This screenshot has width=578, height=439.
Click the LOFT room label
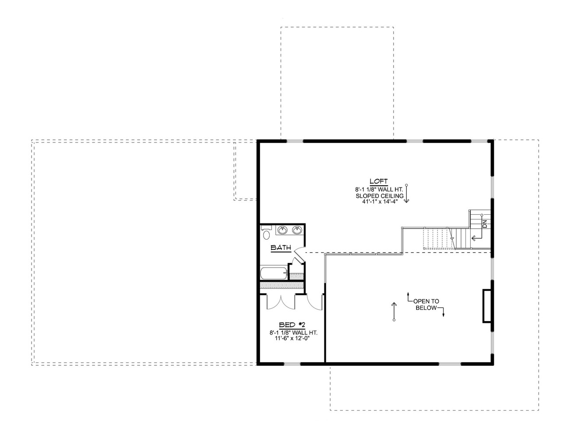pos(379,181)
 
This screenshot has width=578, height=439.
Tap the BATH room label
pos(281,248)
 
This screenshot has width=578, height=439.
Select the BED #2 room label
pos(292,325)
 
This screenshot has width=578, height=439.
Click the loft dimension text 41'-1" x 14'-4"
pos(379,202)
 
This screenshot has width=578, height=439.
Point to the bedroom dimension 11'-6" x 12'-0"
pos(292,339)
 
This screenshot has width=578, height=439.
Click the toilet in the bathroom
pos(266,234)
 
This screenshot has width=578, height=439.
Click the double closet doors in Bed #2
pos(281,302)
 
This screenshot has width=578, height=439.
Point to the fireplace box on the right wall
pos(486,306)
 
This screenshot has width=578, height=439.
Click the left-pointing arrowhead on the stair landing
pos(473,238)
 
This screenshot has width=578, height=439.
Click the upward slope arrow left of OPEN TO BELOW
pos(394,311)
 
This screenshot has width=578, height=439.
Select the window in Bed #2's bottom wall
pos(292,364)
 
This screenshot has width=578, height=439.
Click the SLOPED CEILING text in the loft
pos(379,196)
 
